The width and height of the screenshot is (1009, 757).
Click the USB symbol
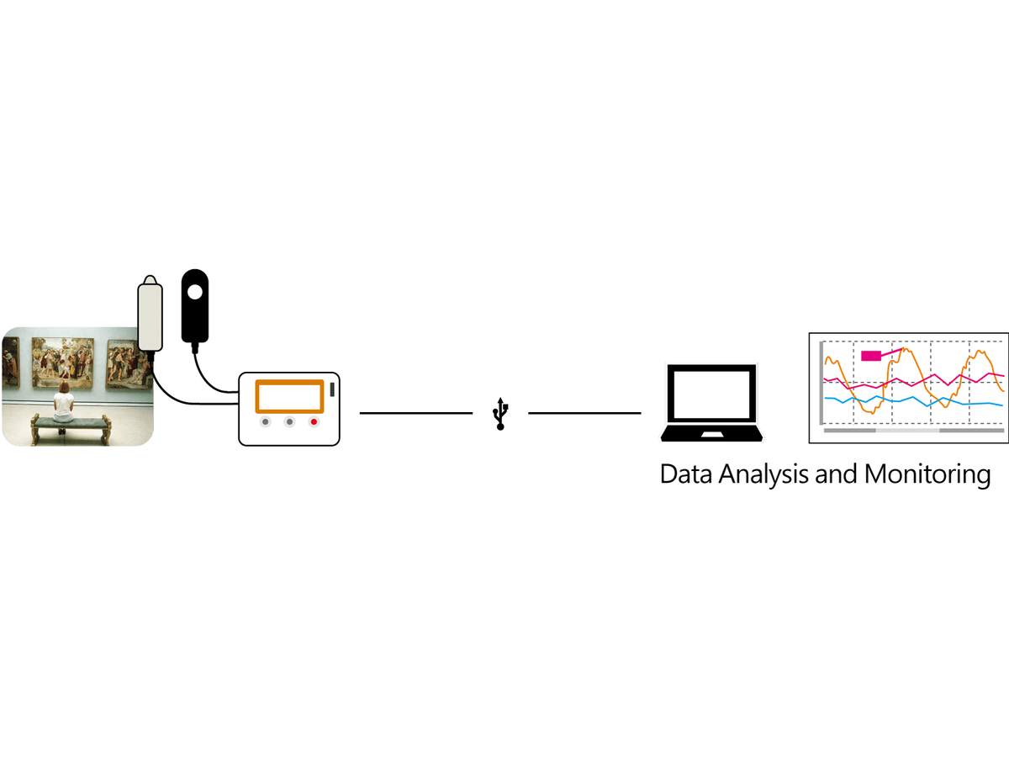(500, 414)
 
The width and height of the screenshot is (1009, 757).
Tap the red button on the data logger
(314, 421)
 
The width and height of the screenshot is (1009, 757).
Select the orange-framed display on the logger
(289, 396)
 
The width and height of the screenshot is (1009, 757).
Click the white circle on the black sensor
(195, 293)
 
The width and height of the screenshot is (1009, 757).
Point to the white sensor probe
(150, 314)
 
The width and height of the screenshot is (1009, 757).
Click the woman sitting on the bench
(63, 404)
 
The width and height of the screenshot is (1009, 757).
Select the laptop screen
(711, 394)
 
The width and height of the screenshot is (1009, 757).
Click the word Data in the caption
(686, 474)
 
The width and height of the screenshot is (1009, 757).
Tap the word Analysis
(763, 474)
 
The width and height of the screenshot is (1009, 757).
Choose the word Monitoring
(927, 474)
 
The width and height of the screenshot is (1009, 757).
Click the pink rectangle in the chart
(870, 356)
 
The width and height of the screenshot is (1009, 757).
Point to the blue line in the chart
(913, 401)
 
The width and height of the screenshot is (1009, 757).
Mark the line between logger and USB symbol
(416, 413)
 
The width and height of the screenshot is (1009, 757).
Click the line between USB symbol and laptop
(584, 413)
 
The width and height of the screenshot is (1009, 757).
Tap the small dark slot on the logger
(332, 389)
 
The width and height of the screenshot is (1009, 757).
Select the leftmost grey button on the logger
(265, 421)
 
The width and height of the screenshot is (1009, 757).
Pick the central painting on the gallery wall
(63, 363)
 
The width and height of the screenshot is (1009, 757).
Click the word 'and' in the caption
(836, 474)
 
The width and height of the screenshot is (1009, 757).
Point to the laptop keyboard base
(711, 433)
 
